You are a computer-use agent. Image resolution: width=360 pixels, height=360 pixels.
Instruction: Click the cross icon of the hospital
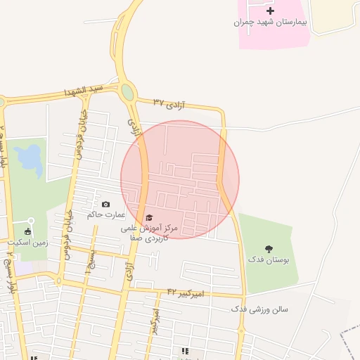[270, 11]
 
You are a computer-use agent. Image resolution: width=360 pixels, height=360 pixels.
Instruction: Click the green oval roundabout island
[127, 92]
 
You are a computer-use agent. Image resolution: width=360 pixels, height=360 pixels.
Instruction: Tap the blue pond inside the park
[30, 159]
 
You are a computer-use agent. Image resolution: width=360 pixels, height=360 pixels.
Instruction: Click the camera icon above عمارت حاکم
[105, 205]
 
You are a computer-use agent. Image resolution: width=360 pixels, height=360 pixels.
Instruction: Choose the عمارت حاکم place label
[105, 214]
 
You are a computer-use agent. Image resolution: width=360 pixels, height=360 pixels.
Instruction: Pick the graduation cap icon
[148, 218]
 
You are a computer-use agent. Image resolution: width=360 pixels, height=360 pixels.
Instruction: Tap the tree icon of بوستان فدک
[268, 248]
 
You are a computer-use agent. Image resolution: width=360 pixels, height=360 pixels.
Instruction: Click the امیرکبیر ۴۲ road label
[186, 291]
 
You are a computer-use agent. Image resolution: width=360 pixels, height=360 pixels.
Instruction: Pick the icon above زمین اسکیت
[28, 231]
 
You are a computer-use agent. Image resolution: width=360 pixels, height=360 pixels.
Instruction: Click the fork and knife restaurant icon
[185, 351]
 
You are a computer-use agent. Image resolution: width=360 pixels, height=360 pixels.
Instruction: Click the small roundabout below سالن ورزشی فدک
[241, 330]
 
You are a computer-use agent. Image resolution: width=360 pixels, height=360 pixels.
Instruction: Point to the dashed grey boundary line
[349, 337]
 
